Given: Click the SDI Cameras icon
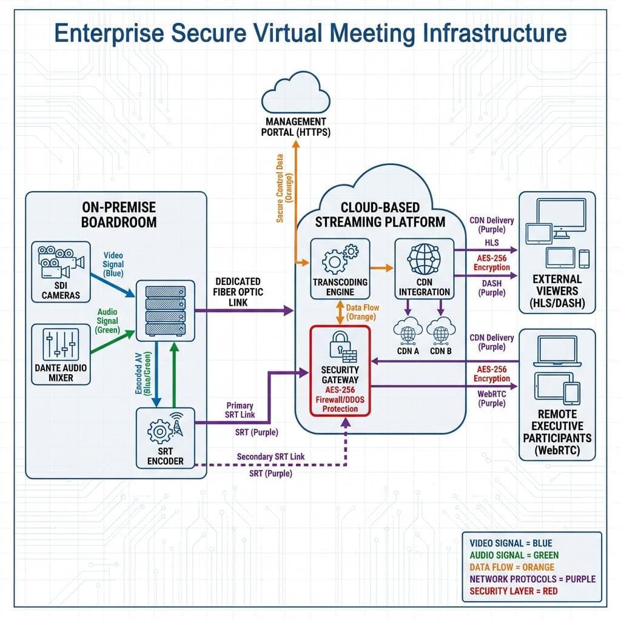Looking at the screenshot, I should pyautogui.click(x=59, y=261).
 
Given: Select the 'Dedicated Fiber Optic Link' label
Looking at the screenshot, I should pyautogui.click(x=238, y=291).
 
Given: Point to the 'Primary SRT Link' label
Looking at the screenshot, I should pyautogui.click(x=239, y=410).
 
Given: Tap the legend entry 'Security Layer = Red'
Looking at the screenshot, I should pyautogui.click(x=513, y=591).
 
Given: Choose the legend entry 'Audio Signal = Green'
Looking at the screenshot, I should pyautogui.click(x=514, y=555).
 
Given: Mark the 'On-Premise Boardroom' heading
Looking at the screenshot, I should pyautogui.click(x=118, y=213).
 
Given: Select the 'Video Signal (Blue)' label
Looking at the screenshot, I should pyautogui.click(x=113, y=264).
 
